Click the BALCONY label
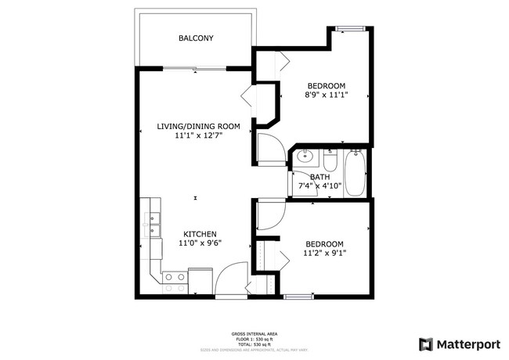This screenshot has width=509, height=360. point(196,38)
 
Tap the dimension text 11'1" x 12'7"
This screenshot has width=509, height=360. point(197,135)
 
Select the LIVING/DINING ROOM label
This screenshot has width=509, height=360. point(197,125)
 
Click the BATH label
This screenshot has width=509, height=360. point(319,177)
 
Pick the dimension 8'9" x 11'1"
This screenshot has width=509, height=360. point(325,95)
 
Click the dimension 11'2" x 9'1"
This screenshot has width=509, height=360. point(324,253)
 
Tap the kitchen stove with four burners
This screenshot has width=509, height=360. point(175,279)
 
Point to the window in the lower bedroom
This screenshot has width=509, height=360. point(295,296)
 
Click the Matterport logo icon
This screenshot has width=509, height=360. point(425,344)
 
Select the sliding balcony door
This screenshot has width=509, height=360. point(194,69)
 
